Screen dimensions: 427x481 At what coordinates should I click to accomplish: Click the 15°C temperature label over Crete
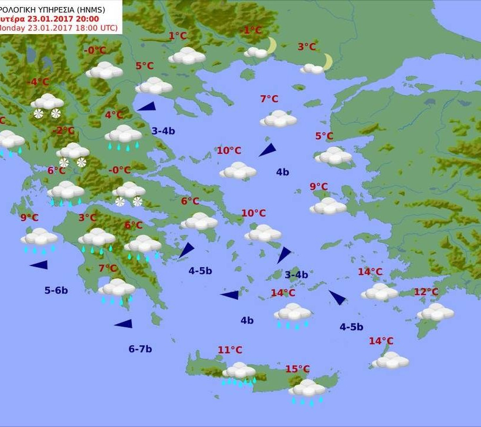pyautogui.click(x=297, y=369)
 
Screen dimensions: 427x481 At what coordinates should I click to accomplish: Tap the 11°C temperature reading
pyautogui.click(x=230, y=350)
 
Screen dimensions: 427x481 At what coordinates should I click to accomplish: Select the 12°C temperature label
pyautogui.click(x=426, y=292)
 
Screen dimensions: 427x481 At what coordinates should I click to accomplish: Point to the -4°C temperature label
pyautogui.click(x=39, y=82)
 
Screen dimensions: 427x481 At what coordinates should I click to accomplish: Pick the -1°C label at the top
pyautogui.click(x=252, y=30)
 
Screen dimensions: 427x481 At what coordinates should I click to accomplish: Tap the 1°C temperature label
pyautogui.click(x=178, y=36)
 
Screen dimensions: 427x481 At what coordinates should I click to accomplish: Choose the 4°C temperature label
pyautogui.click(x=114, y=115)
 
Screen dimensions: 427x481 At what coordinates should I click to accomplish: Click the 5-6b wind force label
pyautogui.click(x=56, y=290)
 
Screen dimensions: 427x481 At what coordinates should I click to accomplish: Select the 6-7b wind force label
pyautogui.click(x=140, y=349)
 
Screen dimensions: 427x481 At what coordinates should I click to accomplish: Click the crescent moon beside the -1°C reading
pyautogui.click(x=271, y=45)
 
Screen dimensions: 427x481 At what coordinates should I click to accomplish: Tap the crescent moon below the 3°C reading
pyautogui.click(x=327, y=61)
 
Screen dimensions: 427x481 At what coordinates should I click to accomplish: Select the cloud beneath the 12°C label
pyautogui.click(x=435, y=312)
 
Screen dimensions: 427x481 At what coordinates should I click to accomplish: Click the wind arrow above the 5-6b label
pyautogui.click(x=39, y=265)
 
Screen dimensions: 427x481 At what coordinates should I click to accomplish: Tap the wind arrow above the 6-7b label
pyautogui.click(x=123, y=323)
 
